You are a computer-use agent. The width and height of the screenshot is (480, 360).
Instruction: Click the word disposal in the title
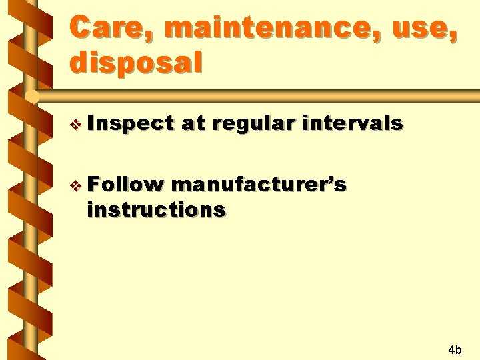point(135,63)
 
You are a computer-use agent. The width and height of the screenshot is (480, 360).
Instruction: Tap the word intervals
point(353,123)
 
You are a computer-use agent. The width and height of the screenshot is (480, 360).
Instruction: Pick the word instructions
point(156,209)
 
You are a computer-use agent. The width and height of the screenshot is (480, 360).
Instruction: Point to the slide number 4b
point(455,349)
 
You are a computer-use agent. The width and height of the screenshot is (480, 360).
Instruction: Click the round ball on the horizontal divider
point(31,97)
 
